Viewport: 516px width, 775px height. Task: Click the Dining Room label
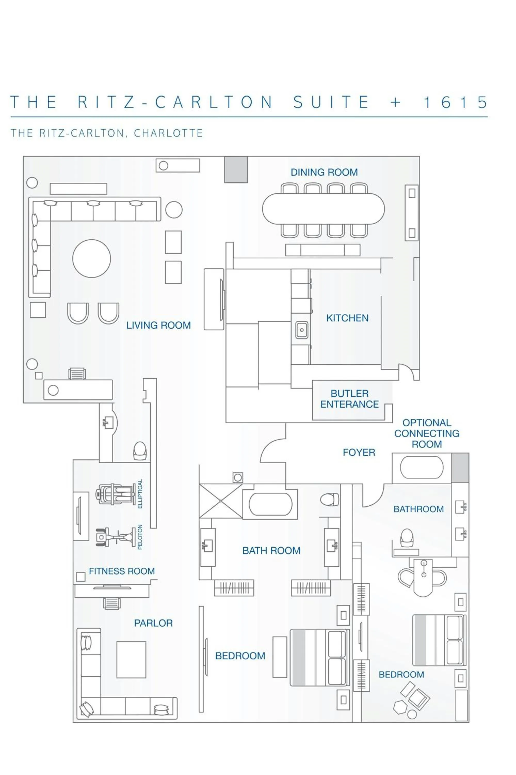[324, 172]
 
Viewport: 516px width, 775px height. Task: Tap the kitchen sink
[301, 330]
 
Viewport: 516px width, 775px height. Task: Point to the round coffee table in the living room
[92, 258]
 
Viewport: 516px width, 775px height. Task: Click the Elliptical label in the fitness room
[140, 494]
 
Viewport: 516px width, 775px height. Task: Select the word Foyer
[359, 452]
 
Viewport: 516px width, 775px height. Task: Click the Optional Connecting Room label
[426, 433]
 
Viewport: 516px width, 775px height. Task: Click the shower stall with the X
[221, 501]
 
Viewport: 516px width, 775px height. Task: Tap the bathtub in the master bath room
[270, 504]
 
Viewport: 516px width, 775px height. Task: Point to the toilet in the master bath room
[329, 500]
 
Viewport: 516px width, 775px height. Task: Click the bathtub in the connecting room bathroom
[422, 467]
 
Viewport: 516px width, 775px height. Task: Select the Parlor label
[153, 623]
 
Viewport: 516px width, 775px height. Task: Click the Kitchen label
[347, 318]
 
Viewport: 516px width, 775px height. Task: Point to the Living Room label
[158, 325]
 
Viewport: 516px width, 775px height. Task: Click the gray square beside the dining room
[236, 169]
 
